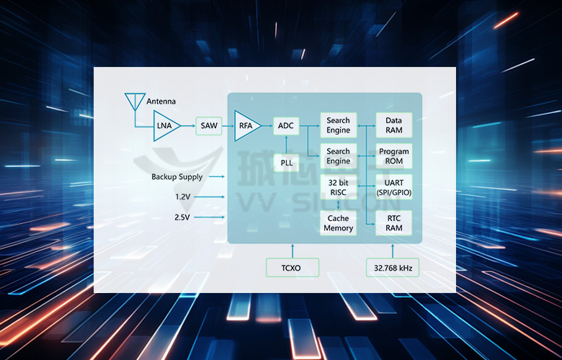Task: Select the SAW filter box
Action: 209,126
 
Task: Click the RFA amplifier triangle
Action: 246,126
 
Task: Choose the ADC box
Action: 286,126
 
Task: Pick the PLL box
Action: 286,163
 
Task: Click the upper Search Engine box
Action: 338,125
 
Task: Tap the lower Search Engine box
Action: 338,156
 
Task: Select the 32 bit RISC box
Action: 338,187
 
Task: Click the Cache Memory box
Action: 338,223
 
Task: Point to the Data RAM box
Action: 393,125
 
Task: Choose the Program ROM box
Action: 393,156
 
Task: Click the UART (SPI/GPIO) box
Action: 393,187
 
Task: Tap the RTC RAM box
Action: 393,223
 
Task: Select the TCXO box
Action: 292,269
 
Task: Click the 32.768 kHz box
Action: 393,269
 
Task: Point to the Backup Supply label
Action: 177,177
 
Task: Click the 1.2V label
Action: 182,197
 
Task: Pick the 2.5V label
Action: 182,217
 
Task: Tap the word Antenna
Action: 161,102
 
